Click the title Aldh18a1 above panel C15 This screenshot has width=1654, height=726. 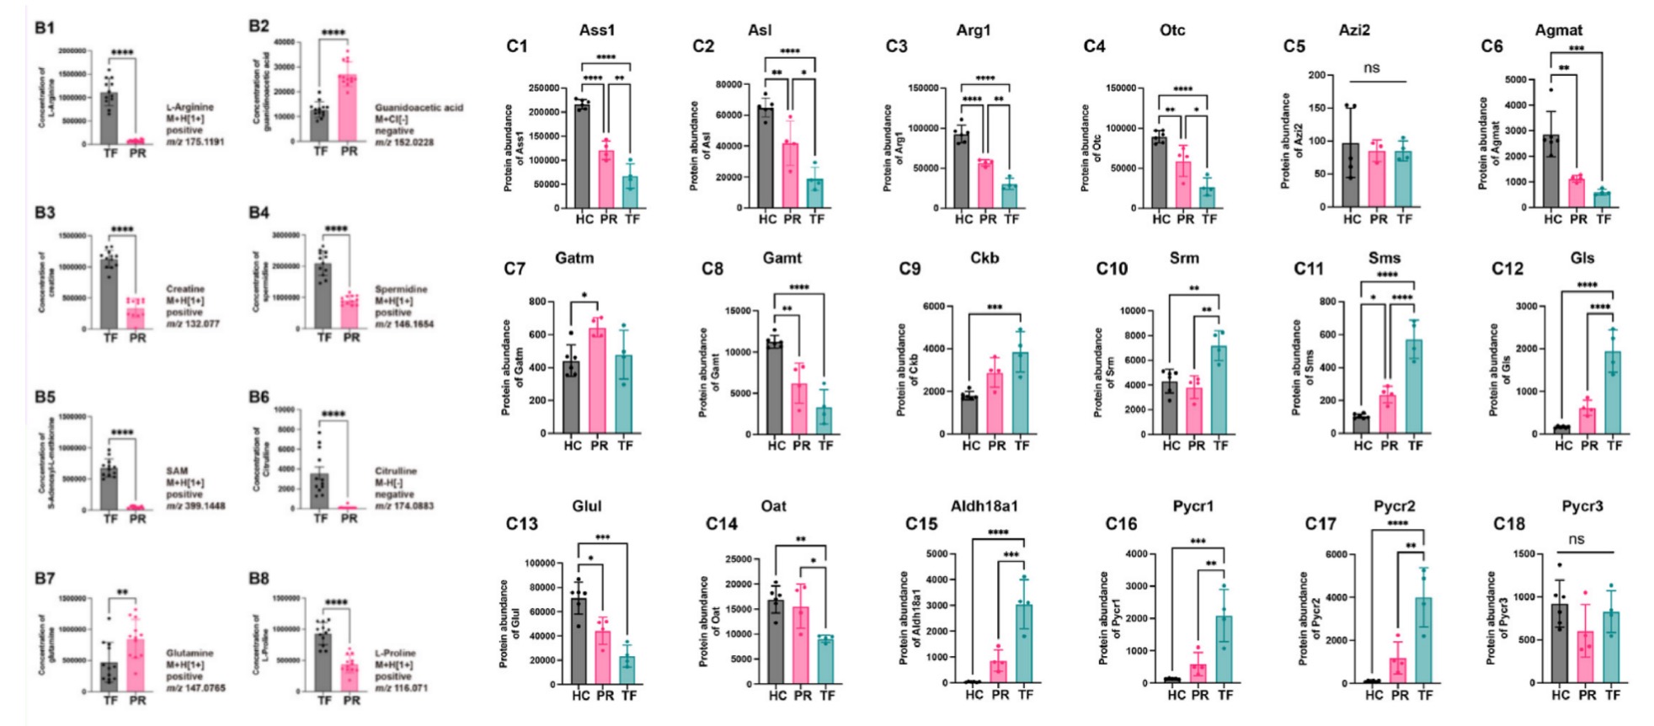(984, 506)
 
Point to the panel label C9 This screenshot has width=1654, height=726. (910, 270)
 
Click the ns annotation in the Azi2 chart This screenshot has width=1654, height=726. (1371, 67)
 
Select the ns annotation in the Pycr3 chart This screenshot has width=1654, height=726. (1576, 539)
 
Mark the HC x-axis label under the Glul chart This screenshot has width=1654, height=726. (580, 696)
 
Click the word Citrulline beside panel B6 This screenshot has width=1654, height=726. (396, 471)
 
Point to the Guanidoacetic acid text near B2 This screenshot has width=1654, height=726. (419, 108)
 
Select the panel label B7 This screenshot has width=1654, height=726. (45, 579)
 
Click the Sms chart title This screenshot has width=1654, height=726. (1385, 258)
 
